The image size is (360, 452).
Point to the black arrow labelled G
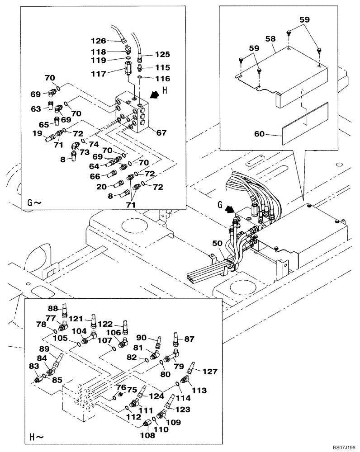click(230, 209)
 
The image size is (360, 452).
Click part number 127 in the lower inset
click(210, 371)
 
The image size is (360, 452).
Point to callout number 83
click(34, 366)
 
